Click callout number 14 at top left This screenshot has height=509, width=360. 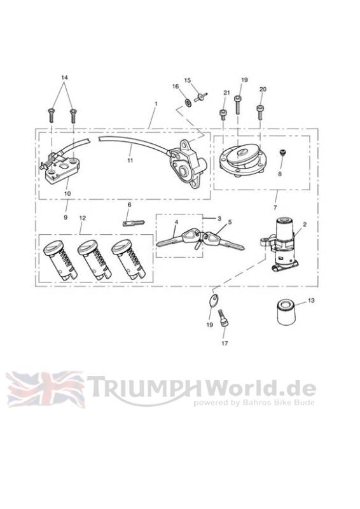pos(65,78)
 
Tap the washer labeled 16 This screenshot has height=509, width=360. pos(188,102)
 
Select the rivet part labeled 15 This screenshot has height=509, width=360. pos(200,97)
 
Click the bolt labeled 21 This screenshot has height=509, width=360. pos(223,115)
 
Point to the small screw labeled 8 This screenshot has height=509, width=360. pos(283,153)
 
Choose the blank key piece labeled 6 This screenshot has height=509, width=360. pos(134,223)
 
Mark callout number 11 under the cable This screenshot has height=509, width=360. pos(130,160)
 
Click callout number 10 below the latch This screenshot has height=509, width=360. pos(67,193)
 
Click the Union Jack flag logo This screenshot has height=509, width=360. pos(45,389)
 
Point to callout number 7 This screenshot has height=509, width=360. pos(275,207)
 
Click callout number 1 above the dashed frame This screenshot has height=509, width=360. pos(156,104)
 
